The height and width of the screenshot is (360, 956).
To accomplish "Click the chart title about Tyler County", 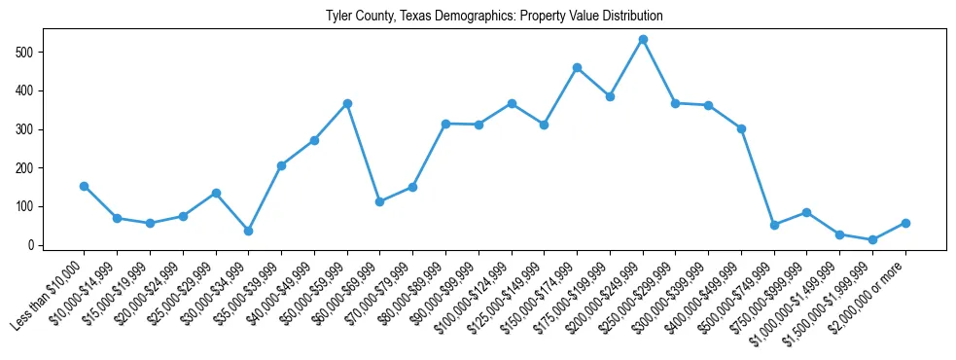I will (478, 17).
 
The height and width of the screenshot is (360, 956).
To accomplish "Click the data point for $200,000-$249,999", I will (643, 40).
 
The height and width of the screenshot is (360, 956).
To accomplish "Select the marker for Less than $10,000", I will (85, 186).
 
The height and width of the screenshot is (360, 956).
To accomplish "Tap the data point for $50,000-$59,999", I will (347, 103).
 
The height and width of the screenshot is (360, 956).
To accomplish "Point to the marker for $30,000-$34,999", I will (248, 232).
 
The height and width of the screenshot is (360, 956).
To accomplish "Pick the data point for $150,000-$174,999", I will (577, 68).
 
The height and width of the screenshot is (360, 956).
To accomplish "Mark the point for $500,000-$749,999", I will (774, 225).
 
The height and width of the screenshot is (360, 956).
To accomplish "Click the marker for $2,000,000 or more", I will (905, 223).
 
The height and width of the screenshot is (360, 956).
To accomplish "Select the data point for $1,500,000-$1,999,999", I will (872, 239).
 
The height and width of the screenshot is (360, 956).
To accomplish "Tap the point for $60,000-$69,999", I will (380, 201).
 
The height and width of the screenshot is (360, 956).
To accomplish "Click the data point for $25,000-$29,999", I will (216, 193).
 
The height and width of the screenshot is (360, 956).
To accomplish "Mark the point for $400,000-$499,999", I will (741, 128).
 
